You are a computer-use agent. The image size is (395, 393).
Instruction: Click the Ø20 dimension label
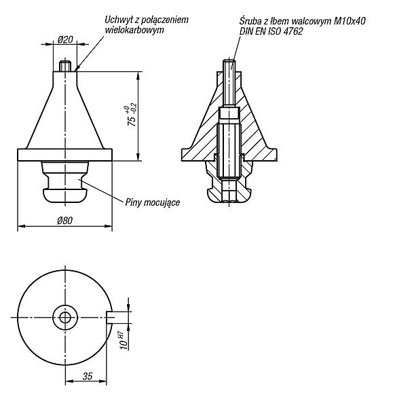(65, 40)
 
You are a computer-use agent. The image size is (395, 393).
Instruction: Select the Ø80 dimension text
(64, 221)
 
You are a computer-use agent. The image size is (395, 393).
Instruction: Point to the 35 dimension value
(88, 376)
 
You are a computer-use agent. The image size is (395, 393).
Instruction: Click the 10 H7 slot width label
(124, 340)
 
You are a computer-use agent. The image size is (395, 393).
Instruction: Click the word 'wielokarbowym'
(134, 31)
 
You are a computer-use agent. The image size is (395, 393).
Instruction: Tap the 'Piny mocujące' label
(153, 202)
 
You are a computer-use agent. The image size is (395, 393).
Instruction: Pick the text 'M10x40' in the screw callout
(350, 21)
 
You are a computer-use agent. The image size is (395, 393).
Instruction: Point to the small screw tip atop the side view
(65, 66)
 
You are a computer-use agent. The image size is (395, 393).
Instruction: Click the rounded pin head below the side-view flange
(65, 195)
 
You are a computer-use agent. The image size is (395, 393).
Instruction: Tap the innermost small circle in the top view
(65, 317)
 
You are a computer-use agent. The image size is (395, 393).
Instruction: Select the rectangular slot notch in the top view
(110, 318)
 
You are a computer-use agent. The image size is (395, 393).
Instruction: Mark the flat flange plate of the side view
(64, 155)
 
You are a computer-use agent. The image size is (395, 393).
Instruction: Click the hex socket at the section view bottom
(229, 191)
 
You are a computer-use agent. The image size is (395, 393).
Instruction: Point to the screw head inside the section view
(229, 113)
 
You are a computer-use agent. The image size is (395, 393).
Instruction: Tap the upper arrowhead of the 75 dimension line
(138, 75)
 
